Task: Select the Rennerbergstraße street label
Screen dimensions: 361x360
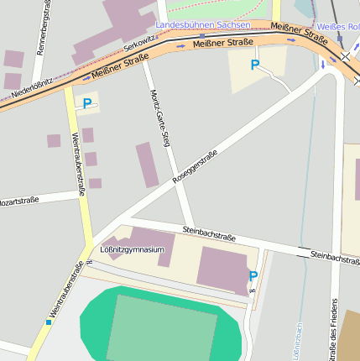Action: (41, 29)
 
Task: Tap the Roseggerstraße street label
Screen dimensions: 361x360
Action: (195, 166)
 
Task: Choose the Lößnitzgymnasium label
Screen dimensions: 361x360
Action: (132, 249)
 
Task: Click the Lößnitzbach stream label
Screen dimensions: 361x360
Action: (298, 342)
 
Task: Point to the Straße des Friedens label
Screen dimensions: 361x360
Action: (334, 327)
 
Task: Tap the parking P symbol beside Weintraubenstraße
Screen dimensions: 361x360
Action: (87, 104)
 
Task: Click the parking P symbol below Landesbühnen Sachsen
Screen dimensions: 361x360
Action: (254, 65)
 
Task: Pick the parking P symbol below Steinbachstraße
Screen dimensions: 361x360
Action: (253, 276)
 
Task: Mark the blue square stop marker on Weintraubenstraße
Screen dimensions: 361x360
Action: (50, 322)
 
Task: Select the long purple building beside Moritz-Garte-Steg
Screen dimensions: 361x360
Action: (147, 165)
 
